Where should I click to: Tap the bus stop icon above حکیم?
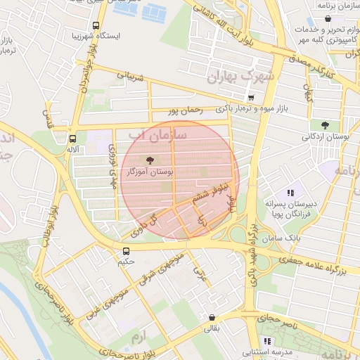tap(126, 250)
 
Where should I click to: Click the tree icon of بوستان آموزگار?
tap(148, 160)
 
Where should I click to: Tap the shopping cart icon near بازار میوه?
tap(251, 98)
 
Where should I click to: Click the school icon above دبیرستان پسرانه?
tap(290, 193)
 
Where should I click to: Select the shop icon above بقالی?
tap(212, 316)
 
